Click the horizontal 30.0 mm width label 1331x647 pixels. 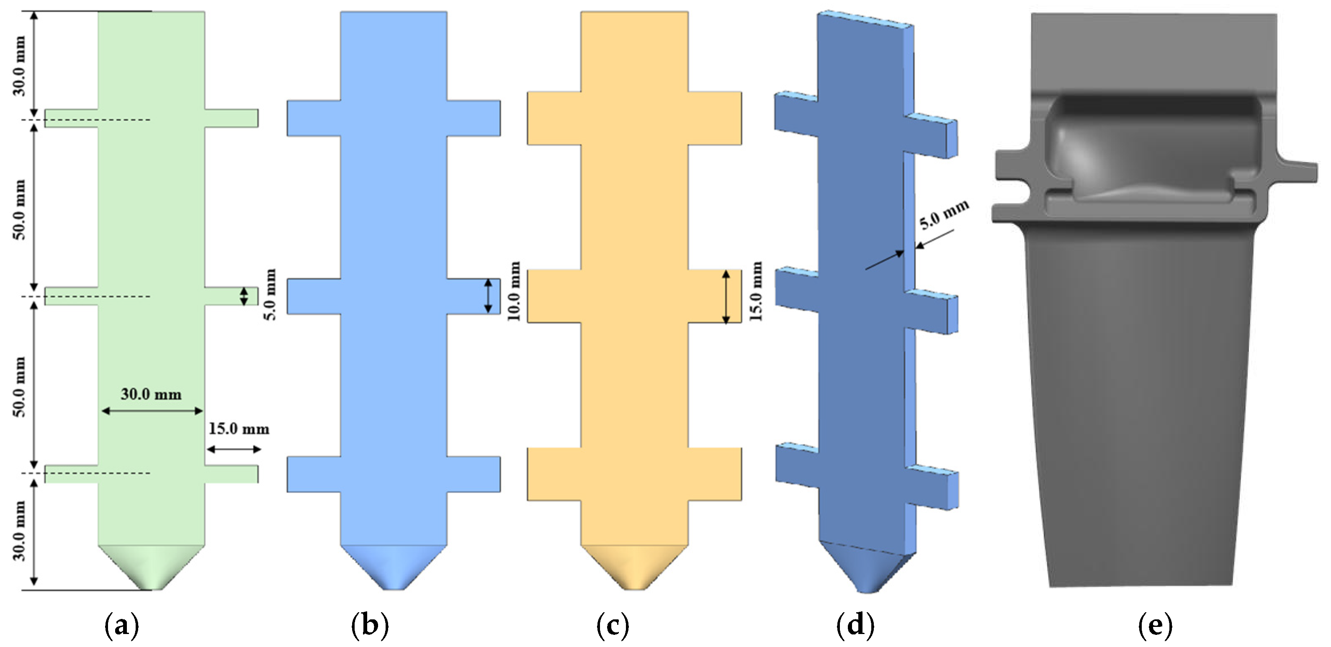pyautogui.click(x=151, y=394)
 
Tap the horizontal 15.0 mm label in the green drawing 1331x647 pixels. pyautogui.click(x=239, y=429)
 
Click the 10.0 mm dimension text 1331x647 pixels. pyautogui.click(x=514, y=291)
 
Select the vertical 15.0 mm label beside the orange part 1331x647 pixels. pyautogui.click(x=755, y=291)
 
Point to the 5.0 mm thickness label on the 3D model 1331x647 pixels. pyautogui.click(x=943, y=214)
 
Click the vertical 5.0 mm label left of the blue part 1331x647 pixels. pyautogui.click(x=270, y=294)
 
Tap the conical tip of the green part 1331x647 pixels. pyautogui.click(x=152, y=568)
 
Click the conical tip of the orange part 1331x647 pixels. pyautogui.click(x=634, y=568)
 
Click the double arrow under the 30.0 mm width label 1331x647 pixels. pyautogui.click(x=152, y=411)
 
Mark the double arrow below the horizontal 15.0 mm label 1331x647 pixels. pyautogui.click(x=234, y=449)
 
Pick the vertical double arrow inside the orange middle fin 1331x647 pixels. pyautogui.click(x=726, y=296)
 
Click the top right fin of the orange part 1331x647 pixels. pyautogui.click(x=715, y=118)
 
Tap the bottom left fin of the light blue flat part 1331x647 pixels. pyautogui.click(x=314, y=474)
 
